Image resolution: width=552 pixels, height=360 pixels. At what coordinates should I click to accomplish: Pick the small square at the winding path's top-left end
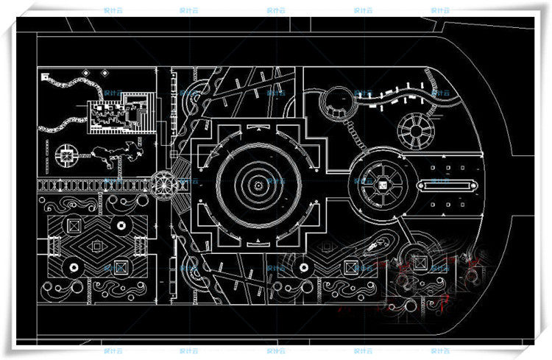(45, 75)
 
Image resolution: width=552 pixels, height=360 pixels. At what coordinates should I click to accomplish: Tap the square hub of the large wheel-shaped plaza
(382, 182)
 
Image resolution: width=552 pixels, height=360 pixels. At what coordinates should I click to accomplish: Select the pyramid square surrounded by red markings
(421, 261)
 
